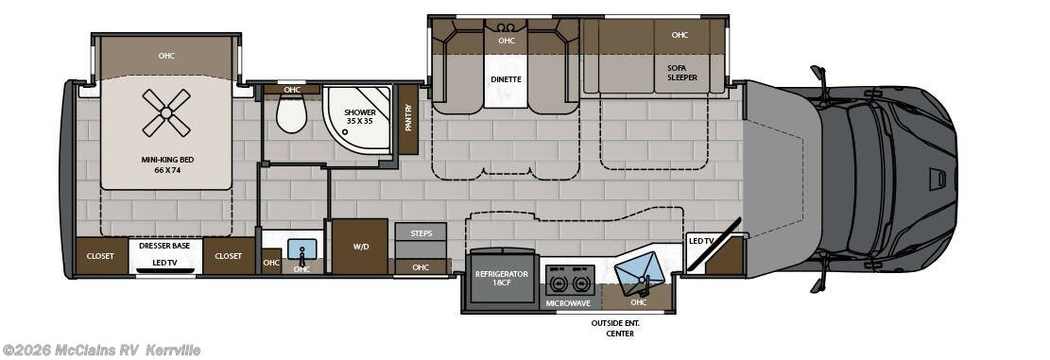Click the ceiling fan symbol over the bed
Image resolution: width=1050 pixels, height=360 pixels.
click(x=166, y=112)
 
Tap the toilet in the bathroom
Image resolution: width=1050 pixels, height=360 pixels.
click(x=291, y=113)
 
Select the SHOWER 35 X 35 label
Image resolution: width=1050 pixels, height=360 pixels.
click(x=359, y=117)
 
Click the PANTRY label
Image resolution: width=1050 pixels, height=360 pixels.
click(x=408, y=118)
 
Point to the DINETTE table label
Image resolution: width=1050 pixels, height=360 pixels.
click(x=507, y=79)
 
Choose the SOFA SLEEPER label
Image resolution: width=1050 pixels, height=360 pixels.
click(x=681, y=72)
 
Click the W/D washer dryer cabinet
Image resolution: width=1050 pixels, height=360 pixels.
click(x=360, y=246)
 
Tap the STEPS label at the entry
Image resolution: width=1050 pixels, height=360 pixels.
click(x=422, y=233)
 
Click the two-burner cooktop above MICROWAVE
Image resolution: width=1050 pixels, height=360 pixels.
click(x=571, y=281)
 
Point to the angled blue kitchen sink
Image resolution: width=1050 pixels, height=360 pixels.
click(x=640, y=274)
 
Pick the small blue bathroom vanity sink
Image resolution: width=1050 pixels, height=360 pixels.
click(x=302, y=249)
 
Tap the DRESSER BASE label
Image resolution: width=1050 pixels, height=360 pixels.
click(x=164, y=246)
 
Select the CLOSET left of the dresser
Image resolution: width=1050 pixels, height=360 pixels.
click(x=100, y=256)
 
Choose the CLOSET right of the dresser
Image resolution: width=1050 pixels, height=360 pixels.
click(x=229, y=256)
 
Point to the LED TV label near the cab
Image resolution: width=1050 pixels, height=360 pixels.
click(x=701, y=241)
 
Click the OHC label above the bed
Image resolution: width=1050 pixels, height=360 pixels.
click(x=166, y=56)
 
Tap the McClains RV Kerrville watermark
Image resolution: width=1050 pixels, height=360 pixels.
click(x=101, y=350)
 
